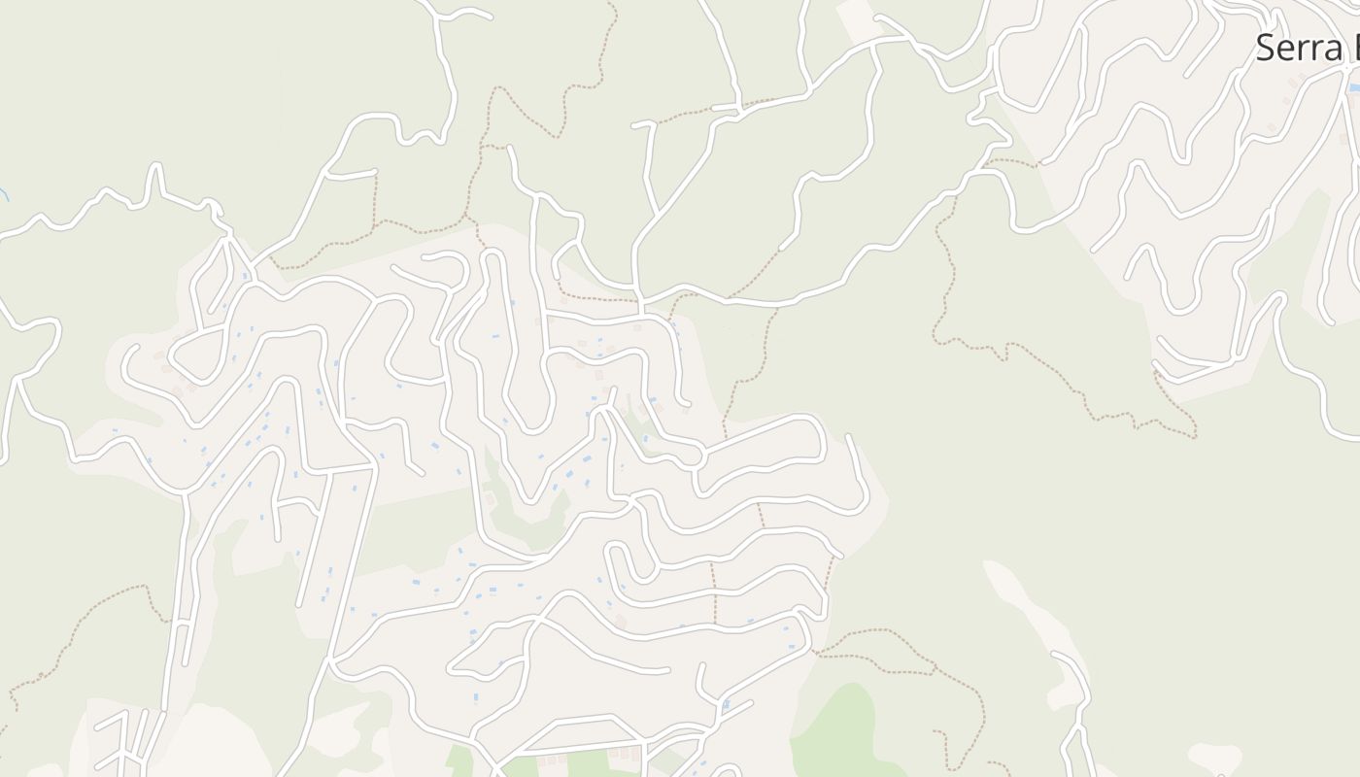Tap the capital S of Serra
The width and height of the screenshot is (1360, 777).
point(1265,48)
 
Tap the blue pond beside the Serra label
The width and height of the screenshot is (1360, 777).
point(1353,87)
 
